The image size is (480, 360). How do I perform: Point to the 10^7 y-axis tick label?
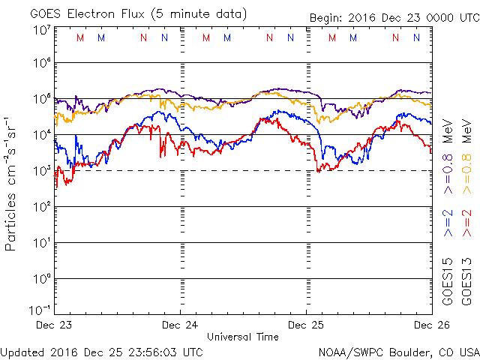[40, 31]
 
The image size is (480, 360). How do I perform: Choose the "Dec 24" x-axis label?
[180, 325]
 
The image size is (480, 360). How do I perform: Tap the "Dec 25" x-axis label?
[306, 325]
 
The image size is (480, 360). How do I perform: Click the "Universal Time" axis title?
[243, 337]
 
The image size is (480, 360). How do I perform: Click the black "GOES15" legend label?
[447, 281]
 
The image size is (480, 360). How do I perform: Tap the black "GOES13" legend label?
[466, 281]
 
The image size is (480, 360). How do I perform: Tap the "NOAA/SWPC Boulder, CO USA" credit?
[398, 351]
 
